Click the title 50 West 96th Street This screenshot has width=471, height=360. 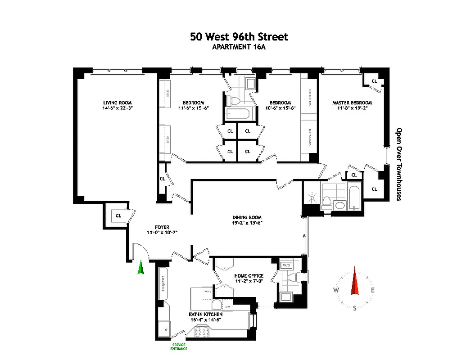coord(239,36)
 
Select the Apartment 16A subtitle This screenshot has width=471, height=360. coord(239,47)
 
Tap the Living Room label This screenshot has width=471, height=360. coord(117,102)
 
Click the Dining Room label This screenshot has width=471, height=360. coord(247,216)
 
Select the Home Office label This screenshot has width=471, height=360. coord(249,276)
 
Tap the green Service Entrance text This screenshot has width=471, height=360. coord(179,346)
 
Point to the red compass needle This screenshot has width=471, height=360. coord(355,282)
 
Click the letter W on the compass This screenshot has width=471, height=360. coord(336,290)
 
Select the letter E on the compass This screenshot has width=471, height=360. coord(373,290)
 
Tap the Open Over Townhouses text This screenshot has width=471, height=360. coord(399,164)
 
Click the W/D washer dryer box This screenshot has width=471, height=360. coord(286,265)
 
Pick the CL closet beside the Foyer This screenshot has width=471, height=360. coord(119,216)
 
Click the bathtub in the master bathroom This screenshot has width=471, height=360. coord(354,198)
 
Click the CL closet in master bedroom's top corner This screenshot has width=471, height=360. coord(374,81)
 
